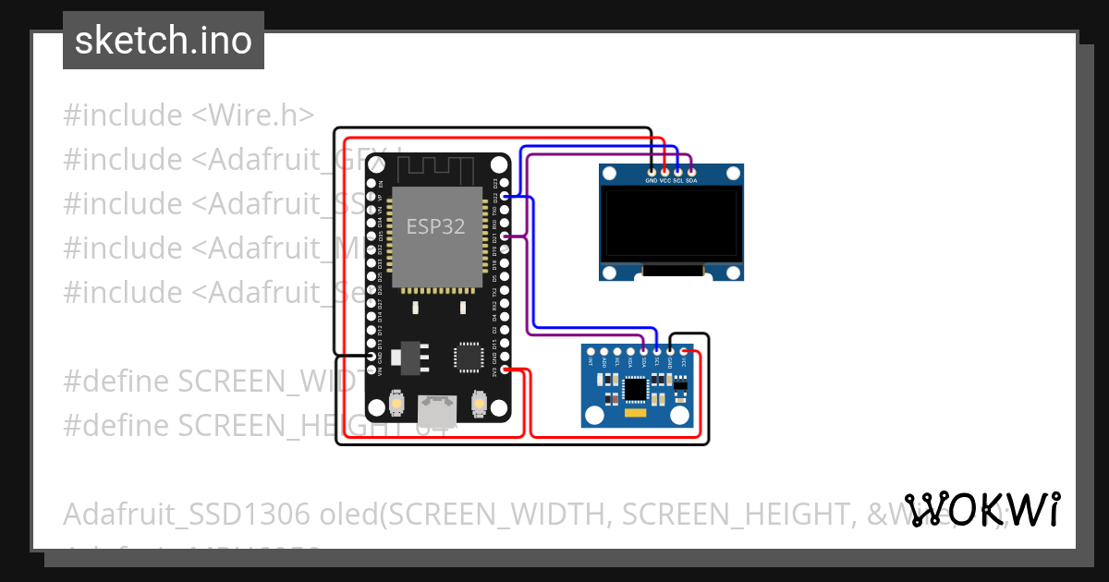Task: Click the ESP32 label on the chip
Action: click(436, 225)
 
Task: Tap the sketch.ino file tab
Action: click(164, 41)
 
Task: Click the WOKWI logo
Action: click(981, 510)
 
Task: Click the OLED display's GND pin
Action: click(652, 171)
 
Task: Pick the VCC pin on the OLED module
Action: click(664, 171)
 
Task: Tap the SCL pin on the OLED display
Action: click(678, 171)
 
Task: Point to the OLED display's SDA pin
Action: click(691, 171)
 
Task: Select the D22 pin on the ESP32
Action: click(504, 197)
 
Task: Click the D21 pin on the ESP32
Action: click(504, 236)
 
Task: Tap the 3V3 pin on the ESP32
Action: click(504, 370)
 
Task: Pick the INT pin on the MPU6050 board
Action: click(591, 351)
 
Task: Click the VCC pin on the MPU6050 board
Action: click(684, 351)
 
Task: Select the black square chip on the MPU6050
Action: click(636, 390)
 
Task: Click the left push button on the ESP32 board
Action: click(396, 404)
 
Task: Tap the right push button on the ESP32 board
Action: click(479, 404)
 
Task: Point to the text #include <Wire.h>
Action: click(189, 115)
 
